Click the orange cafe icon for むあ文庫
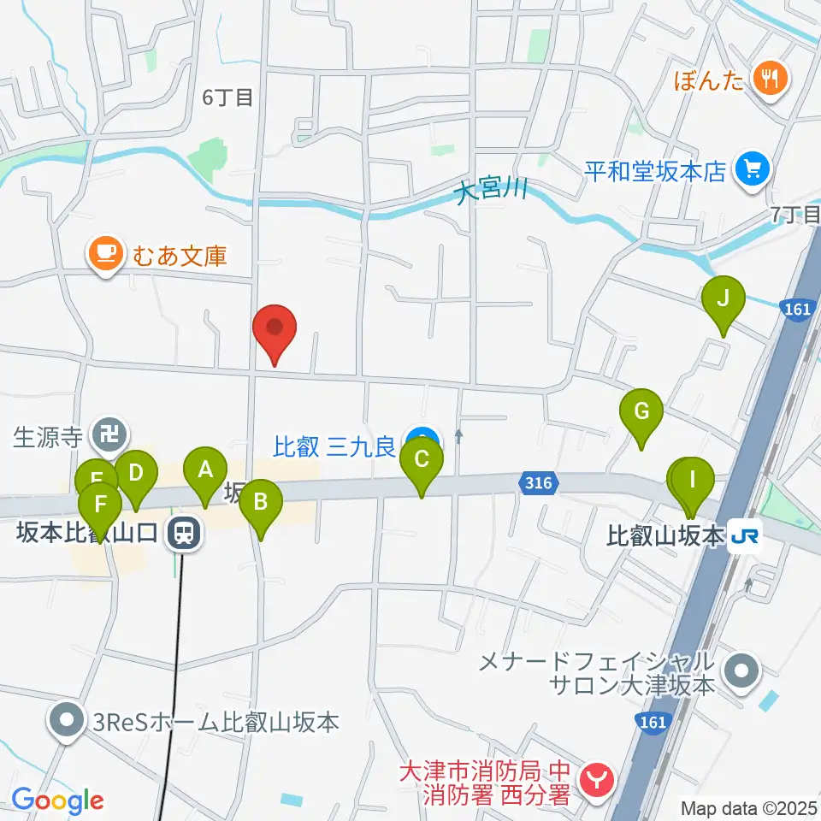[105, 255]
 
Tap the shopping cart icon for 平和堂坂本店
[752, 169]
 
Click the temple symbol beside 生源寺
[109, 436]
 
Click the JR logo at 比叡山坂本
[741, 537]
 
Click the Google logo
[58, 800]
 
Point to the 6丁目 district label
[227, 97]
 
